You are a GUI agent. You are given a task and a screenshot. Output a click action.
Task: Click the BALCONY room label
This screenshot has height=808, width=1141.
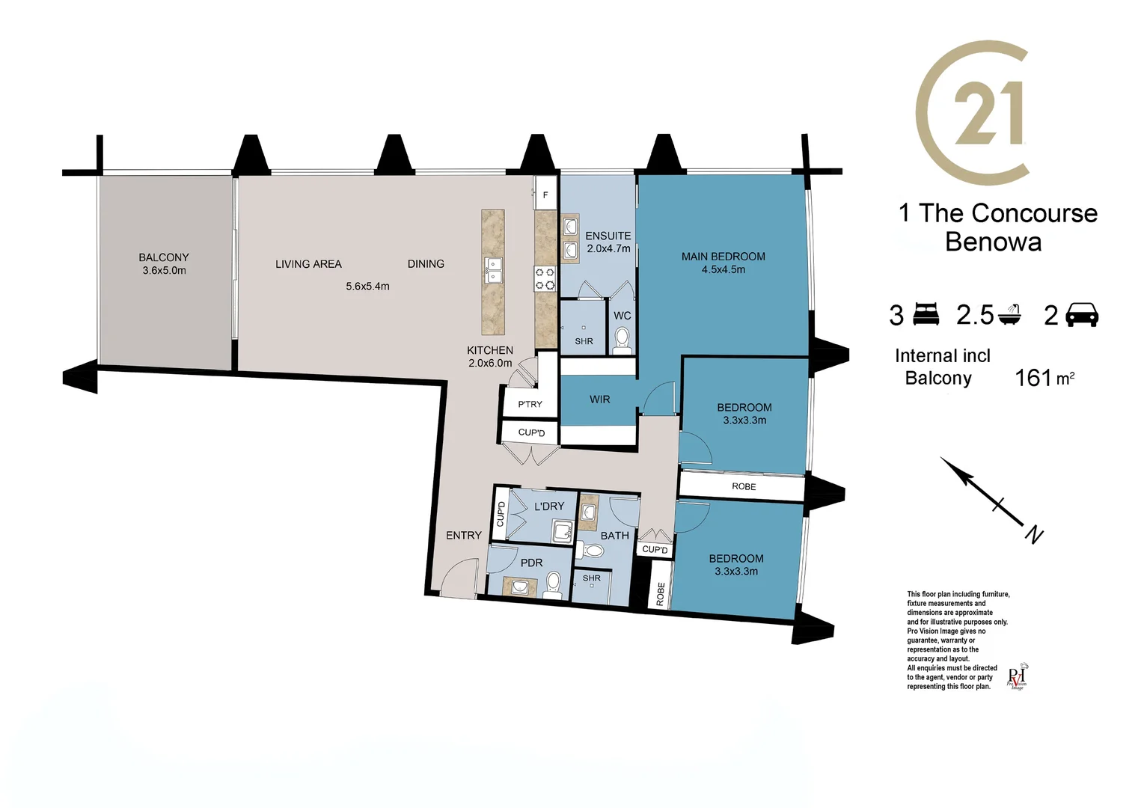(x=164, y=257)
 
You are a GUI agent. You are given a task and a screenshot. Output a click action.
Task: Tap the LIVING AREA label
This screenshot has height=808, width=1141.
(x=308, y=264)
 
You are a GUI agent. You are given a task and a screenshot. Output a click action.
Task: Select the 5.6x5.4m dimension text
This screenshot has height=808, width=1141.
(x=367, y=287)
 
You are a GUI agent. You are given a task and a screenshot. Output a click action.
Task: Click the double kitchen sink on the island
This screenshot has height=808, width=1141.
(x=493, y=271)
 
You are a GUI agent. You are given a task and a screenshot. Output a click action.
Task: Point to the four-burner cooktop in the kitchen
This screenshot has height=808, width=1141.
(x=545, y=278)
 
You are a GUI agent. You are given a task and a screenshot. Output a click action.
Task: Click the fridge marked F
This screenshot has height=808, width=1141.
(x=545, y=195)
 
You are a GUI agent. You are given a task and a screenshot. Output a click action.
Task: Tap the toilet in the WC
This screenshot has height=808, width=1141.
(x=622, y=340)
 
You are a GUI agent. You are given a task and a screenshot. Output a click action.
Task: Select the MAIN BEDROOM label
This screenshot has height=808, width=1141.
(x=723, y=257)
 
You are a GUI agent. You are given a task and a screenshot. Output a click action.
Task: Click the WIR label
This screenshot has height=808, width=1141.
(x=599, y=400)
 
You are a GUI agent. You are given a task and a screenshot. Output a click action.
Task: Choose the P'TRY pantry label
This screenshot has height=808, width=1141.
(x=530, y=405)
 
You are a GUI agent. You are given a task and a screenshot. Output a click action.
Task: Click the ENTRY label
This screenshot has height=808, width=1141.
(x=464, y=536)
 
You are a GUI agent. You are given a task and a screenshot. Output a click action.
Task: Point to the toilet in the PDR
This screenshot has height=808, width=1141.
(x=554, y=583)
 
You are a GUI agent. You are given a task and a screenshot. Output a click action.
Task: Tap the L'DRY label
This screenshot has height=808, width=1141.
(x=549, y=506)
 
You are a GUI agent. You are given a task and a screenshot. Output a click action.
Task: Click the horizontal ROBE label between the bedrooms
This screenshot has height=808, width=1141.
(x=744, y=487)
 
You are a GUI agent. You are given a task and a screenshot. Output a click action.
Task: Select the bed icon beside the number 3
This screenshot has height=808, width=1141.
(x=926, y=314)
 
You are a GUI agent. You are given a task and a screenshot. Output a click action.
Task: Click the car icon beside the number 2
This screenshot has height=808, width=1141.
(x=1081, y=315)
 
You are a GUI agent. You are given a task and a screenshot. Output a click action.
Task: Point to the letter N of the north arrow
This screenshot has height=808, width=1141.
(x=1034, y=535)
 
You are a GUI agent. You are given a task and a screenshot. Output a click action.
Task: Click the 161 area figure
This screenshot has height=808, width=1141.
(x=1033, y=378)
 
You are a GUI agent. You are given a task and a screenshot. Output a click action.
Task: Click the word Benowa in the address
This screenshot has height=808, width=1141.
(x=993, y=242)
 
